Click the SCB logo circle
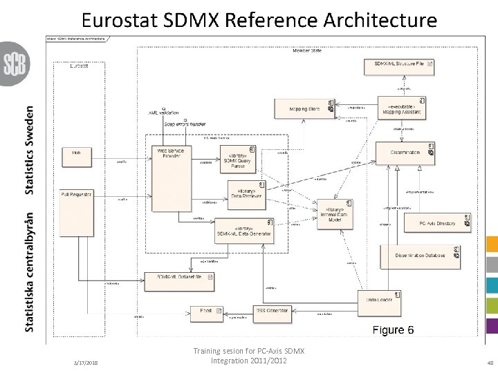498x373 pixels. (13, 64)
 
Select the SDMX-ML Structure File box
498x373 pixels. (399, 67)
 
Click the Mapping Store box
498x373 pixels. (304, 108)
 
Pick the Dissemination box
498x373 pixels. (405, 153)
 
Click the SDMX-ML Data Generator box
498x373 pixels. (243, 230)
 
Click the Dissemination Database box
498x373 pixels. (420, 256)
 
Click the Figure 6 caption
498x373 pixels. (393, 330)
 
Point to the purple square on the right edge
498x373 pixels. (492, 326)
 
